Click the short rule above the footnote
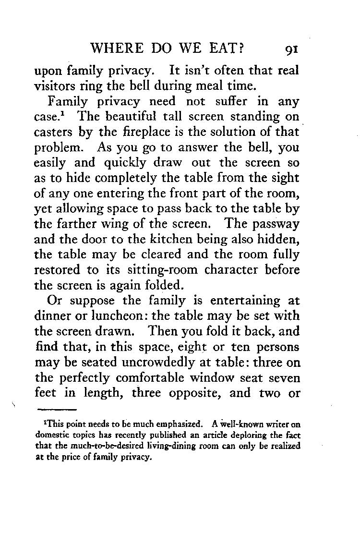[57, 410]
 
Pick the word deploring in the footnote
[255, 435]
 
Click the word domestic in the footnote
[52, 435]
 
